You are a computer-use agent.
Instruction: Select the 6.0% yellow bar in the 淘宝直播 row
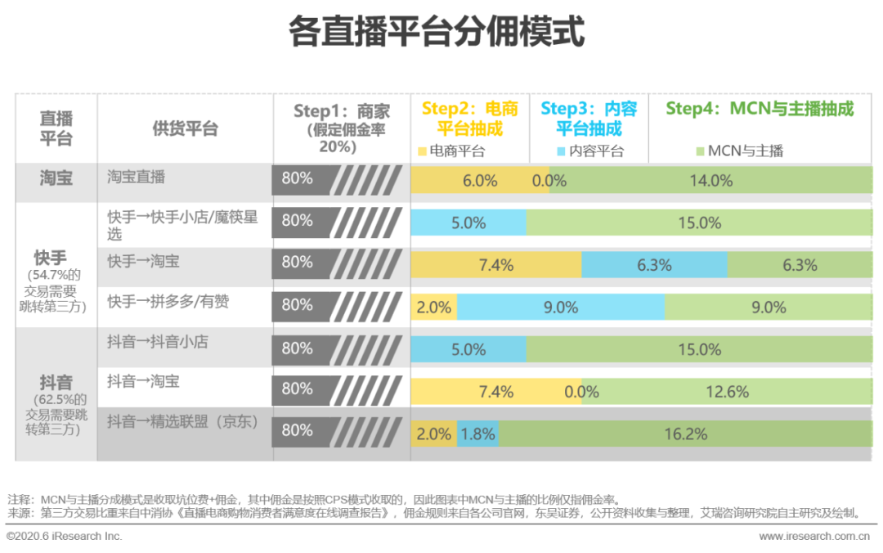tap(479, 180)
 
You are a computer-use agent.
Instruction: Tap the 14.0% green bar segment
tap(710, 180)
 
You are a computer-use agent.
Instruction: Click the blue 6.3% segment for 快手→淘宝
tap(654, 264)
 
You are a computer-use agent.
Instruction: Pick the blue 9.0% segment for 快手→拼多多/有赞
tap(561, 307)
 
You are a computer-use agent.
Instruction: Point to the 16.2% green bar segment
tap(685, 434)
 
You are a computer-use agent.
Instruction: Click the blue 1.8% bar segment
tap(478, 434)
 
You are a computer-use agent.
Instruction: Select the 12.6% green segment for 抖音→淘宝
tap(727, 391)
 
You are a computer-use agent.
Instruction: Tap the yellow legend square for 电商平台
tap(422, 151)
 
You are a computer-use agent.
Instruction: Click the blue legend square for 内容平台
tap(561, 151)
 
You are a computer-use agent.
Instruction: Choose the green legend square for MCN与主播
tap(700, 151)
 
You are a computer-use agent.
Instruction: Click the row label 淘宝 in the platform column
tap(56, 178)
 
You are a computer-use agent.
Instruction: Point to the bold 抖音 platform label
tap(56, 382)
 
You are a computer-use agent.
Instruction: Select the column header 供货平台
tap(186, 128)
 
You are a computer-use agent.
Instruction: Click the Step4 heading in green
tap(760, 109)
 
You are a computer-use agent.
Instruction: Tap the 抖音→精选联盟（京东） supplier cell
tap(183, 422)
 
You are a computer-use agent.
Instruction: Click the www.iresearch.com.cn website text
tap(814, 537)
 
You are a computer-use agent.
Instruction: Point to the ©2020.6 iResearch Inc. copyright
tap(65, 537)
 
